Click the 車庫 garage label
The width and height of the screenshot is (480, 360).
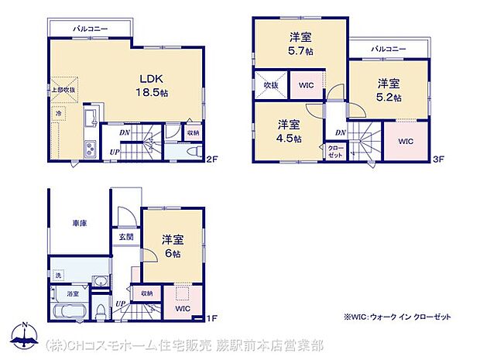tap(80, 223)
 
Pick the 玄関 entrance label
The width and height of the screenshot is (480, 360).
tap(125, 237)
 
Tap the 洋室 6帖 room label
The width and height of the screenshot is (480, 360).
tap(172, 246)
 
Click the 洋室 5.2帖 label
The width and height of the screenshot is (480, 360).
tap(389, 90)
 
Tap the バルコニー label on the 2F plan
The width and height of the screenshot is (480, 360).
tap(91, 29)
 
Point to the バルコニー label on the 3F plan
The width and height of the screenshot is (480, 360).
tap(388, 49)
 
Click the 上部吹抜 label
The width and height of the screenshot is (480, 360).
tap(64, 90)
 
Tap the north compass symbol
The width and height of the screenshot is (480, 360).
tap(25, 334)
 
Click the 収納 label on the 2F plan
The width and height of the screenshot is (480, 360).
tap(193, 132)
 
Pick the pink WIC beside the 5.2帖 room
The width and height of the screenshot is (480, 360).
tap(406, 142)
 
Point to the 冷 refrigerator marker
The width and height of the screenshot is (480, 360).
tap(59, 114)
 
